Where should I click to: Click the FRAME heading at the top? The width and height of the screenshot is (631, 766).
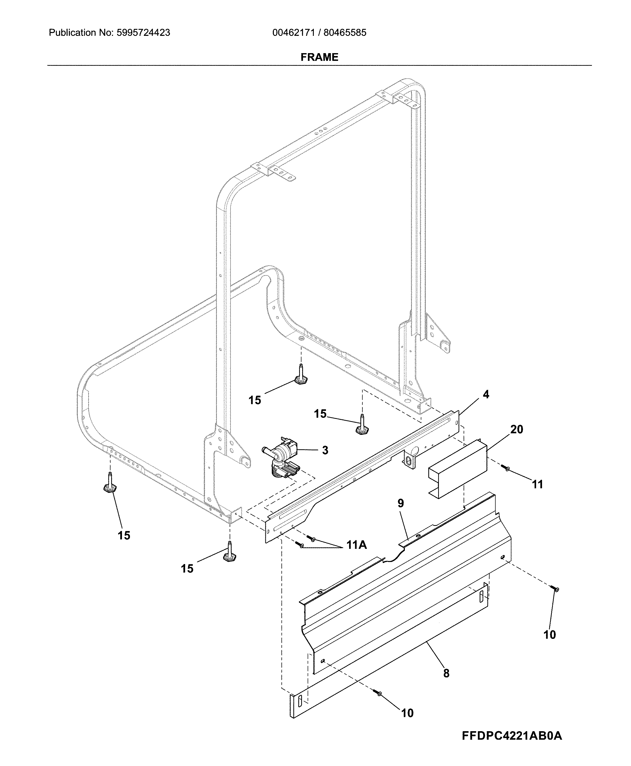point(319,57)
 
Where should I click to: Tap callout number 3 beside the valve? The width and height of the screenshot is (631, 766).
point(325,450)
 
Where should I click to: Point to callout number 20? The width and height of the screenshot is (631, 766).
point(517,430)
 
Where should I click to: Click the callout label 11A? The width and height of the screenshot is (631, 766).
point(356,545)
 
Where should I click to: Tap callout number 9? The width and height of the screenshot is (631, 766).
point(400,503)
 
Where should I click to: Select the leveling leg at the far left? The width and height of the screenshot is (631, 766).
point(109,483)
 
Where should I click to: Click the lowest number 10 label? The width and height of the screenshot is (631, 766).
point(407,714)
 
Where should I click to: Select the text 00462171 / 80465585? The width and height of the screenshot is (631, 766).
point(319,33)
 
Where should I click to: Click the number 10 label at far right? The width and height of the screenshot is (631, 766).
point(550,635)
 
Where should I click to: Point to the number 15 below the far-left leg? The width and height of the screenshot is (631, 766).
point(124,535)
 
